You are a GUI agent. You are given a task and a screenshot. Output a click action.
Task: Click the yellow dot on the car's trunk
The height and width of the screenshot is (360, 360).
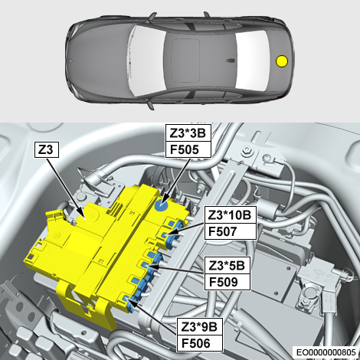282,61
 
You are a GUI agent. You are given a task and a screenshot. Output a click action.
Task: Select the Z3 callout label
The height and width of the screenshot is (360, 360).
47,149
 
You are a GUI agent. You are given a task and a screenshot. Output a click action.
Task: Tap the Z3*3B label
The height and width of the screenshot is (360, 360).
188,133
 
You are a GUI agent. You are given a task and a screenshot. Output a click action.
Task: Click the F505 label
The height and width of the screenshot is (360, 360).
188,149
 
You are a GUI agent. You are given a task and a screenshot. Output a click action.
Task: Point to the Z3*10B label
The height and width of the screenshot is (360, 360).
230,215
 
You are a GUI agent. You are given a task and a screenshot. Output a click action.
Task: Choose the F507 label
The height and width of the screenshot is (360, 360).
230,231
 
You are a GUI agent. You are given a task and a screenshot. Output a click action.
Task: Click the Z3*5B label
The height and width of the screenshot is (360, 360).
227,266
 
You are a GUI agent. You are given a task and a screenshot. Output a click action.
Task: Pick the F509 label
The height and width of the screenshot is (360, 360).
227,282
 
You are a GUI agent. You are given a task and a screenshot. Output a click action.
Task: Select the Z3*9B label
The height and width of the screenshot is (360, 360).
199,326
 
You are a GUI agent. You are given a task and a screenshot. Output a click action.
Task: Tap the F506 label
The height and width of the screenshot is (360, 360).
199,343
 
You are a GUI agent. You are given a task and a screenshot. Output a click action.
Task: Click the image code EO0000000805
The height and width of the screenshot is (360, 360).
326,352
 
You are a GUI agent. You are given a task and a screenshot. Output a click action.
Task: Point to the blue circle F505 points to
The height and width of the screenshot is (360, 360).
162,205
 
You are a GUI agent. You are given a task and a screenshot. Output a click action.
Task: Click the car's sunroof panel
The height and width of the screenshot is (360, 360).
186,61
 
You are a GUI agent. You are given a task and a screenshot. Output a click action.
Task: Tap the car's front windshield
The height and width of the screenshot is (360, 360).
147,61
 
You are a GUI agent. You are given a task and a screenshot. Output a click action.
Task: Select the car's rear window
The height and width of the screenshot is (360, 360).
253,60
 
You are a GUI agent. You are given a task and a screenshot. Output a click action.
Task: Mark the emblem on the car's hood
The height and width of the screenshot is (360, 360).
71,61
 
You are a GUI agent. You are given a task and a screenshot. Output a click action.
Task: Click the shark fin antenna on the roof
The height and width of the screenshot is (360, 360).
231,61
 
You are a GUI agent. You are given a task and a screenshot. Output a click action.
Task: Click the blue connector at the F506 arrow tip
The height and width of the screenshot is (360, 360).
129,303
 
